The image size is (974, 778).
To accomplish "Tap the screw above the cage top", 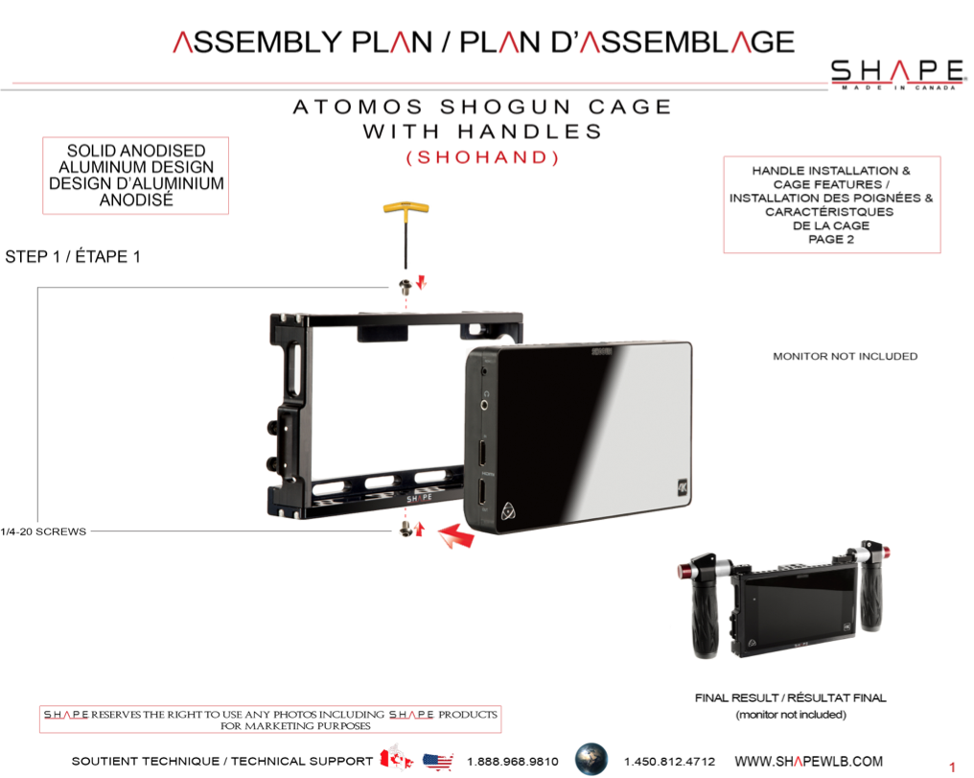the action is [406, 287].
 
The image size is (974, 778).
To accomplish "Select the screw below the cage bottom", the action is [406, 530].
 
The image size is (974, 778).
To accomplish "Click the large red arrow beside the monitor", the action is [456, 535].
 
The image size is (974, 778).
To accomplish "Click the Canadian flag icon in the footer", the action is [396, 758].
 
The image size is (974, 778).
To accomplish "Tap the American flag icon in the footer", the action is [438, 762].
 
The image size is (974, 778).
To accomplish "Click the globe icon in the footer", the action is [591, 760].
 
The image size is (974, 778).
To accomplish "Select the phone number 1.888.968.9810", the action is [513, 762].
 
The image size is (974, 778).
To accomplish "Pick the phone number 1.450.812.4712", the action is [669, 762].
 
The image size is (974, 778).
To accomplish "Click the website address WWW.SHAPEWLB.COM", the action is [808, 762].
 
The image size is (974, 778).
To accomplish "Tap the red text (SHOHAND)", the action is [482, 157].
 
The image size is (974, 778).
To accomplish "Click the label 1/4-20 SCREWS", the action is [43, 531].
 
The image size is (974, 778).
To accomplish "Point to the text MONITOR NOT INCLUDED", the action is [845, 356].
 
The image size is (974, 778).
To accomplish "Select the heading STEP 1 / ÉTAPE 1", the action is [73, 257].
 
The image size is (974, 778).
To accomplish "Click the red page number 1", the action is [952, 766].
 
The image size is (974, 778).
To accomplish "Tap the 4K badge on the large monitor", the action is [683, 487].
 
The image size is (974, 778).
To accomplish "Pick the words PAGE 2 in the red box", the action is [831, 239].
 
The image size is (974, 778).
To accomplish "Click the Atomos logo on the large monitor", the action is [508, 510].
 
